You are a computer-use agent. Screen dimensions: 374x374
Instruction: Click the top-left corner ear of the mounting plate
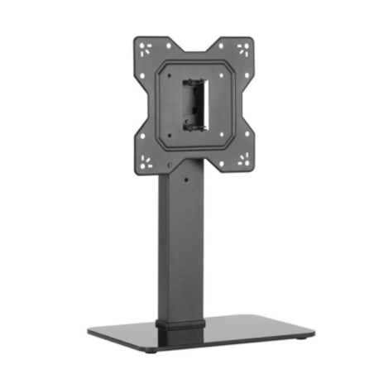point(147,47)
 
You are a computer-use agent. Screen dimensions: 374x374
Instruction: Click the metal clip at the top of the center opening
point(195,82)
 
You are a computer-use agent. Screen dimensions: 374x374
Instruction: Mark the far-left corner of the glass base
point(89,330)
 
